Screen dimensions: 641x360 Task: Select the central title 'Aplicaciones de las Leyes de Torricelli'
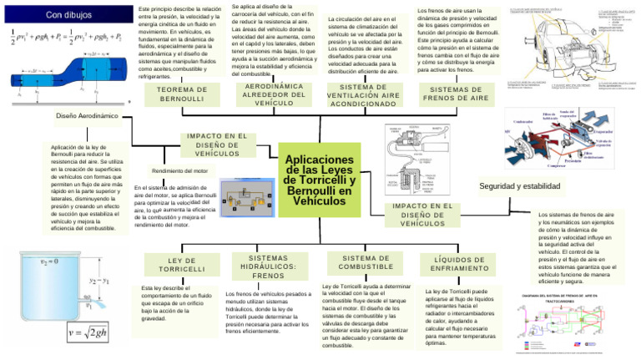[320, 180]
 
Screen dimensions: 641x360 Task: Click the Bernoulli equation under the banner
[67, 39]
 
